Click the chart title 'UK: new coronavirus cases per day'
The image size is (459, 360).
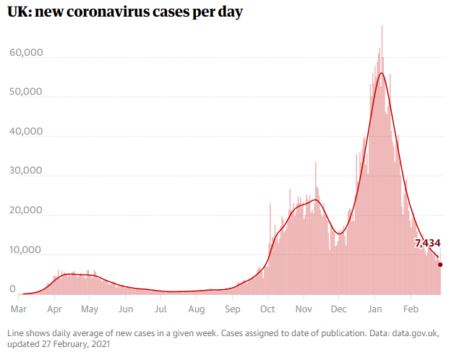pyautogui.click(x=125, y=14)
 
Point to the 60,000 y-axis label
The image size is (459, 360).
pyautogui.click(x=27, y=53)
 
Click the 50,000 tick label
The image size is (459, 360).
pyautogui.click(x=27, y=93)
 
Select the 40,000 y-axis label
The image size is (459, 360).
pyautogui.click(x=27, y=132)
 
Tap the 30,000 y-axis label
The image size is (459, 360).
pyautogui.click(x=27, y=172)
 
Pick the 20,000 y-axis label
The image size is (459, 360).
pyautogui.click(x=27, y=211)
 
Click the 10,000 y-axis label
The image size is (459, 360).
pyautogui.click(x=27, y=250)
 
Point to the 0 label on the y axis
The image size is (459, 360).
pyautogui.click(x=13, y=289)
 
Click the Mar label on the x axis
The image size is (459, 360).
pyautogui.click(x=19, y=309)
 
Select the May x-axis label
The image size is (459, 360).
pyautogui.click(x=89, y=309)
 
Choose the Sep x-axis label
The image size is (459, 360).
pyautogui.click(x=232, y=309)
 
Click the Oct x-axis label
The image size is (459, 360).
pyautogui.click(x=267, y=309)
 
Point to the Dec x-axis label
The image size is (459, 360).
pyautogui.click(x=338, y=309)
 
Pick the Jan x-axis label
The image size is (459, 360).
pyautogui.click(x=374, y=309)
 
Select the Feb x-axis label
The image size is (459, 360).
pyautogui.click(x=411, y=309)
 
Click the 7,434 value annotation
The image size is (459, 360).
pyautogui.click(x=427, y=243)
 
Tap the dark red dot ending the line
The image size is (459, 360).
pyautogui.click(x=440, y=265)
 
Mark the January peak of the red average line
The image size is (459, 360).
pyautogui.click(x=381, y=73)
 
